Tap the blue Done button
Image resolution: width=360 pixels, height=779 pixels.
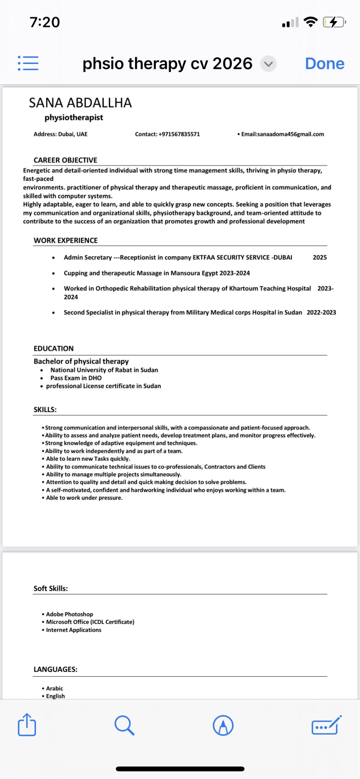(x=324, y=64)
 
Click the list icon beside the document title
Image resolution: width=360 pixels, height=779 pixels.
(x=28, y=63)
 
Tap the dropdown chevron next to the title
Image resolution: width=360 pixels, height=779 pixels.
(x=268, y=64)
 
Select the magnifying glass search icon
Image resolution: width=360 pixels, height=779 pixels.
(x=124, y=725)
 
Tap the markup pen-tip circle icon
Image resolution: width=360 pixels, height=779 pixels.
(x=223, y=725)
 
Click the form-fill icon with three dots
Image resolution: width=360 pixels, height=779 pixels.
(x=326, y=725)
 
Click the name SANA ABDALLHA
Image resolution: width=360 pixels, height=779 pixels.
(x=80, y=103)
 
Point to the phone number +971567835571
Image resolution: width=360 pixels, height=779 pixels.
(x=179, y=134)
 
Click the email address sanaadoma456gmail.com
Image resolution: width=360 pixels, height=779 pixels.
(x=290, y=134)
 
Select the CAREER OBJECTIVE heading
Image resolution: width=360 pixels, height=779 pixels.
(x=65, y=160)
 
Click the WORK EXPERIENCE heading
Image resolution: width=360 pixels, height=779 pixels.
(x=66, y=241)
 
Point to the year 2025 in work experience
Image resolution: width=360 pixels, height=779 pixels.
(x=320, y=258)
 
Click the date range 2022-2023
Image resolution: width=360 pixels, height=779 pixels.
(x=321, y=312)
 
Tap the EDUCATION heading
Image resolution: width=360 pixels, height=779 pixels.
(x=54, y=349)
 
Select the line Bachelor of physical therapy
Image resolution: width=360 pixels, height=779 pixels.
(x=81, y=361)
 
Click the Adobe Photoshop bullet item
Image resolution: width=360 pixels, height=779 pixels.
(x=70, y=614)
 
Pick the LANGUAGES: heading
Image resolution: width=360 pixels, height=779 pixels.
(x=56, y=669)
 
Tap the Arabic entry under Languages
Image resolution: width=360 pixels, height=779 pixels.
(x=54, y=688)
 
